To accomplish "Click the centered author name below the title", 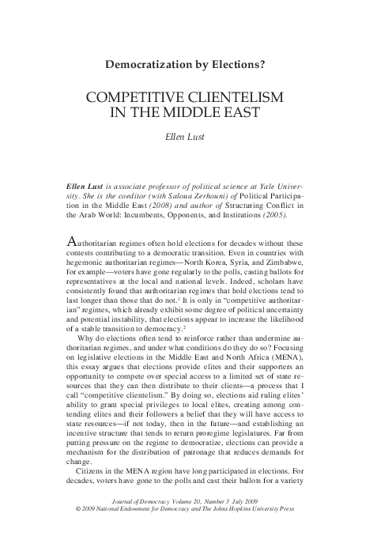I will coord(188,136).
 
